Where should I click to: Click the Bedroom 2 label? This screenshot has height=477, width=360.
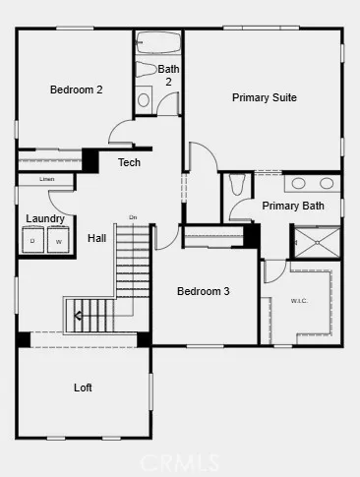[x=77, y=89]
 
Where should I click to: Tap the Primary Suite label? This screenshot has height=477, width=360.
[x=264, y=97]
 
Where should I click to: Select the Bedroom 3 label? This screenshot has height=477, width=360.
[x=204, y=291]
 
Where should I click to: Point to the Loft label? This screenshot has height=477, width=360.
[x=83, y=388]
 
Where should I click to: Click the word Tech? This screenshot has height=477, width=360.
[x=129, y=162]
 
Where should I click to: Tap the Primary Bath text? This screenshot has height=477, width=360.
[x=292, y=206]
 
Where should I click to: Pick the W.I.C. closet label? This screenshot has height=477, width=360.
[x=299, y=301]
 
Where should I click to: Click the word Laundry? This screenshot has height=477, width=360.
[x=45, y=218]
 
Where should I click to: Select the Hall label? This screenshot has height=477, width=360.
[x=96, y=238]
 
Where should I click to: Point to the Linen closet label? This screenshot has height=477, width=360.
[x=47, y=180]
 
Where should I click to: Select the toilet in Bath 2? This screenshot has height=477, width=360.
[x=144, y=99]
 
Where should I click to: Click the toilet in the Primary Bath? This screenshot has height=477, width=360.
[x=236, y=185]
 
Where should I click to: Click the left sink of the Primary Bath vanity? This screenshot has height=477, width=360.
[x=298, y=183]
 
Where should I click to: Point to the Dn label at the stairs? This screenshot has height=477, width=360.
[x=132, y=217]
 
